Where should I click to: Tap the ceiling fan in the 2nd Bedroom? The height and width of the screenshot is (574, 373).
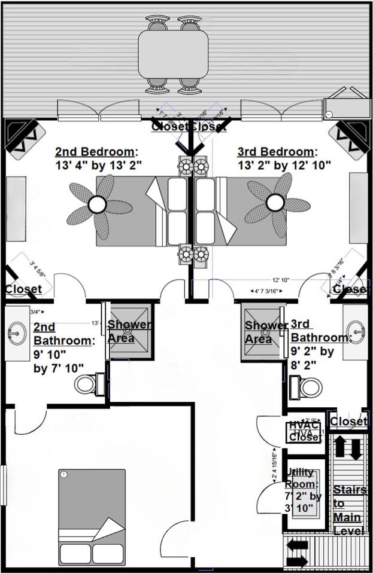pyautogui.click(x=97, y=205)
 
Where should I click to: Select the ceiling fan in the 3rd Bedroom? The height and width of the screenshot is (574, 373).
pyautogui.click(x=275, y=203)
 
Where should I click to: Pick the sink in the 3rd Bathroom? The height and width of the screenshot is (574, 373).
pyautogui.click(x=357, y=329)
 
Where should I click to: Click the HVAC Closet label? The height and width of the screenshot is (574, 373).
pyautogui.click(x=304, y=431)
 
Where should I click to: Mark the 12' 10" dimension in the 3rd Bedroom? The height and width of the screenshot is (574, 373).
pyautogui.click(x=281, y=279)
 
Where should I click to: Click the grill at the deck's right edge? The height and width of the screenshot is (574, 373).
pyautogui.click(x=347, y=106)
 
